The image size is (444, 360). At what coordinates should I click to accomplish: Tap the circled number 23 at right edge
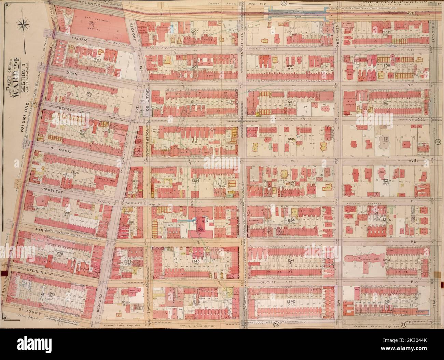(438, 142)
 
